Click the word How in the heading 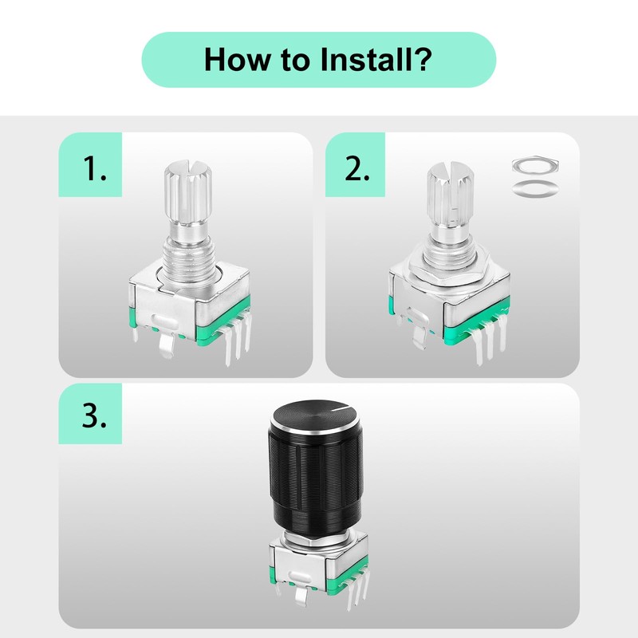(237, 59)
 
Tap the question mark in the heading (424, 59)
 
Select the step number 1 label (95, 168)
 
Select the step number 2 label (357, 168)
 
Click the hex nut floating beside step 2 (535, 166)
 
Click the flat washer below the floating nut (535, 189)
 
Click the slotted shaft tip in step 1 (188, 191)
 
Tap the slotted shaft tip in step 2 (451, 195)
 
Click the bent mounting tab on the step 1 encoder (167, 344)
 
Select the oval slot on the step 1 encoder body (165, 321)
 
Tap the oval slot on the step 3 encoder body (299, 577)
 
